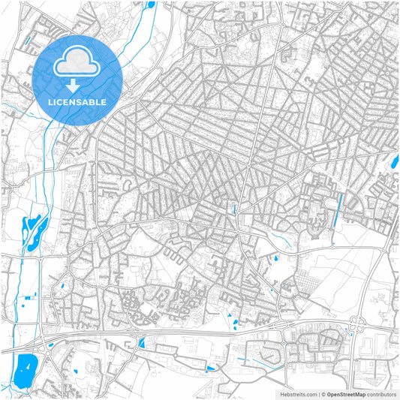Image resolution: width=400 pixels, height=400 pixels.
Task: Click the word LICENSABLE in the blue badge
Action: pyautogui.click(x=78, y=101)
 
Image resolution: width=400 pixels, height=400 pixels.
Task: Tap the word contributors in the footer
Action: pyautogui.click(x=382, y=394)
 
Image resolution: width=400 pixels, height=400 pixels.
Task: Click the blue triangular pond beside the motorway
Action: pyautogui.click(x=141, y=343)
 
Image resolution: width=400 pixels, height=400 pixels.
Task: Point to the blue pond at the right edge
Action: pyautogui.click(x=395, y=159)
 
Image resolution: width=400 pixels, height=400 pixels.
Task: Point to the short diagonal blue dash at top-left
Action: pyautogui.click(x=29, y=41)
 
